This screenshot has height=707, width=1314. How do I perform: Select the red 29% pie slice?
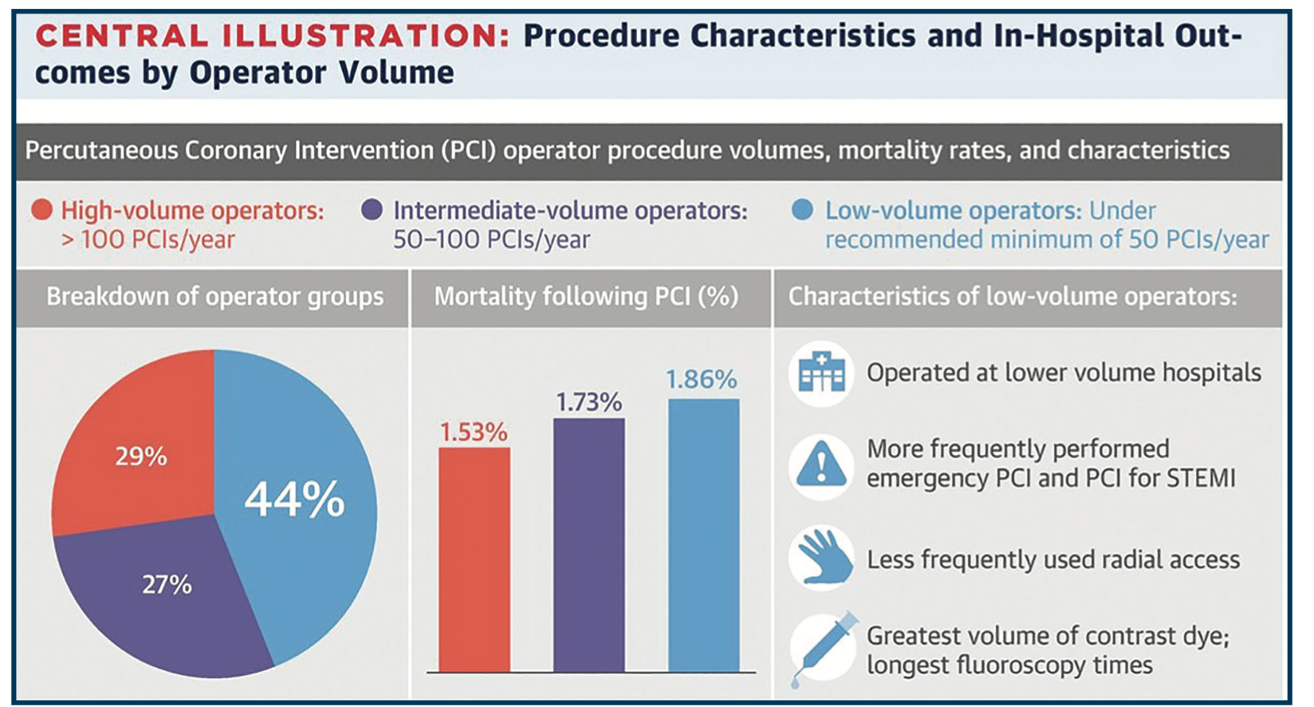coord(140,447)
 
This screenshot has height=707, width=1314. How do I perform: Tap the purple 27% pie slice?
coord(167,594)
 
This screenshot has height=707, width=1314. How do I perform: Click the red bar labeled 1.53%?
coord(474,559)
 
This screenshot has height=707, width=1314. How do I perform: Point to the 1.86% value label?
coord(702,380)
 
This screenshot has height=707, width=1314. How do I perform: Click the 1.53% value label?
coord(474,432)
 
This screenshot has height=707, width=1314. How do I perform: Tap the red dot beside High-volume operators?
coord(41,210)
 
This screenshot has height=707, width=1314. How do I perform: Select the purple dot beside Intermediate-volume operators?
coord(372,210)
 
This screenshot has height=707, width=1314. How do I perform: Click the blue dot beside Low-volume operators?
coord(803,210)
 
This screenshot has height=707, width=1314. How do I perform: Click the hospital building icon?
coord(821,373)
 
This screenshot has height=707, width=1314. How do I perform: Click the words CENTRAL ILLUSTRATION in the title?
coord(271,37)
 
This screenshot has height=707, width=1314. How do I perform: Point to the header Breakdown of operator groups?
coord(214,297)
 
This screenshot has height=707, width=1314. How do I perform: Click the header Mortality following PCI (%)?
coord(586,297)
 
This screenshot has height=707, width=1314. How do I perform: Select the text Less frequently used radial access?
coord(1052,560)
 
